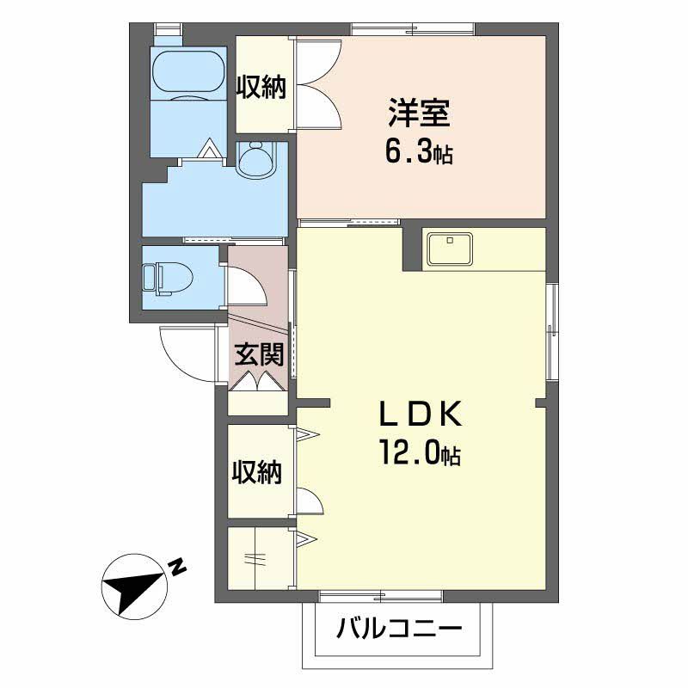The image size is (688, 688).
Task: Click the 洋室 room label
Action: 419,114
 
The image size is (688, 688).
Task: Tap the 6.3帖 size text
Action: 419,152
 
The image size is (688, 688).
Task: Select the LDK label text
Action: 421,414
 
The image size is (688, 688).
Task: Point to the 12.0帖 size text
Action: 420,452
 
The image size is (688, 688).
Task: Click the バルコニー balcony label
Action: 399,629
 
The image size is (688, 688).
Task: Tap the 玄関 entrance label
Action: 259,354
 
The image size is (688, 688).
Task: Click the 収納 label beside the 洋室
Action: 261,87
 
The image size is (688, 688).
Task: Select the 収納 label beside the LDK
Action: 256,472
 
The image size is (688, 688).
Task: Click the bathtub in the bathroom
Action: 189,72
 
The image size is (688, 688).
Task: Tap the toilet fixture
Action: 168,278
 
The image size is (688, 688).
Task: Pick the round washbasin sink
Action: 257,160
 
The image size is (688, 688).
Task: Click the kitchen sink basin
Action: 450,249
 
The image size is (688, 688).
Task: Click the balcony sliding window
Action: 380,596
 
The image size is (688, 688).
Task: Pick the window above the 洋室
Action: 413,29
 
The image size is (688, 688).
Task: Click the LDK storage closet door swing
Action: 310,501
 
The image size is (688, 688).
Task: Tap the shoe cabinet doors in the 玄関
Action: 257,381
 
